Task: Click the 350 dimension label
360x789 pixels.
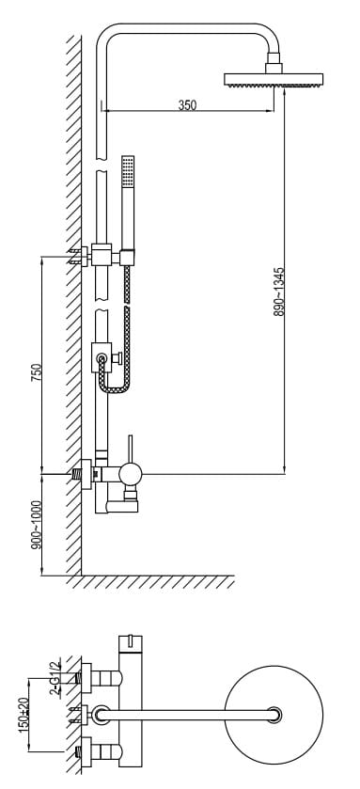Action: point(188,105)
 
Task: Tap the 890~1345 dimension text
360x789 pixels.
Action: point(279,292)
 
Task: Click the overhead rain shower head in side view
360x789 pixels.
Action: point(274,80)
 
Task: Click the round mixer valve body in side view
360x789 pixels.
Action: point(131,474)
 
